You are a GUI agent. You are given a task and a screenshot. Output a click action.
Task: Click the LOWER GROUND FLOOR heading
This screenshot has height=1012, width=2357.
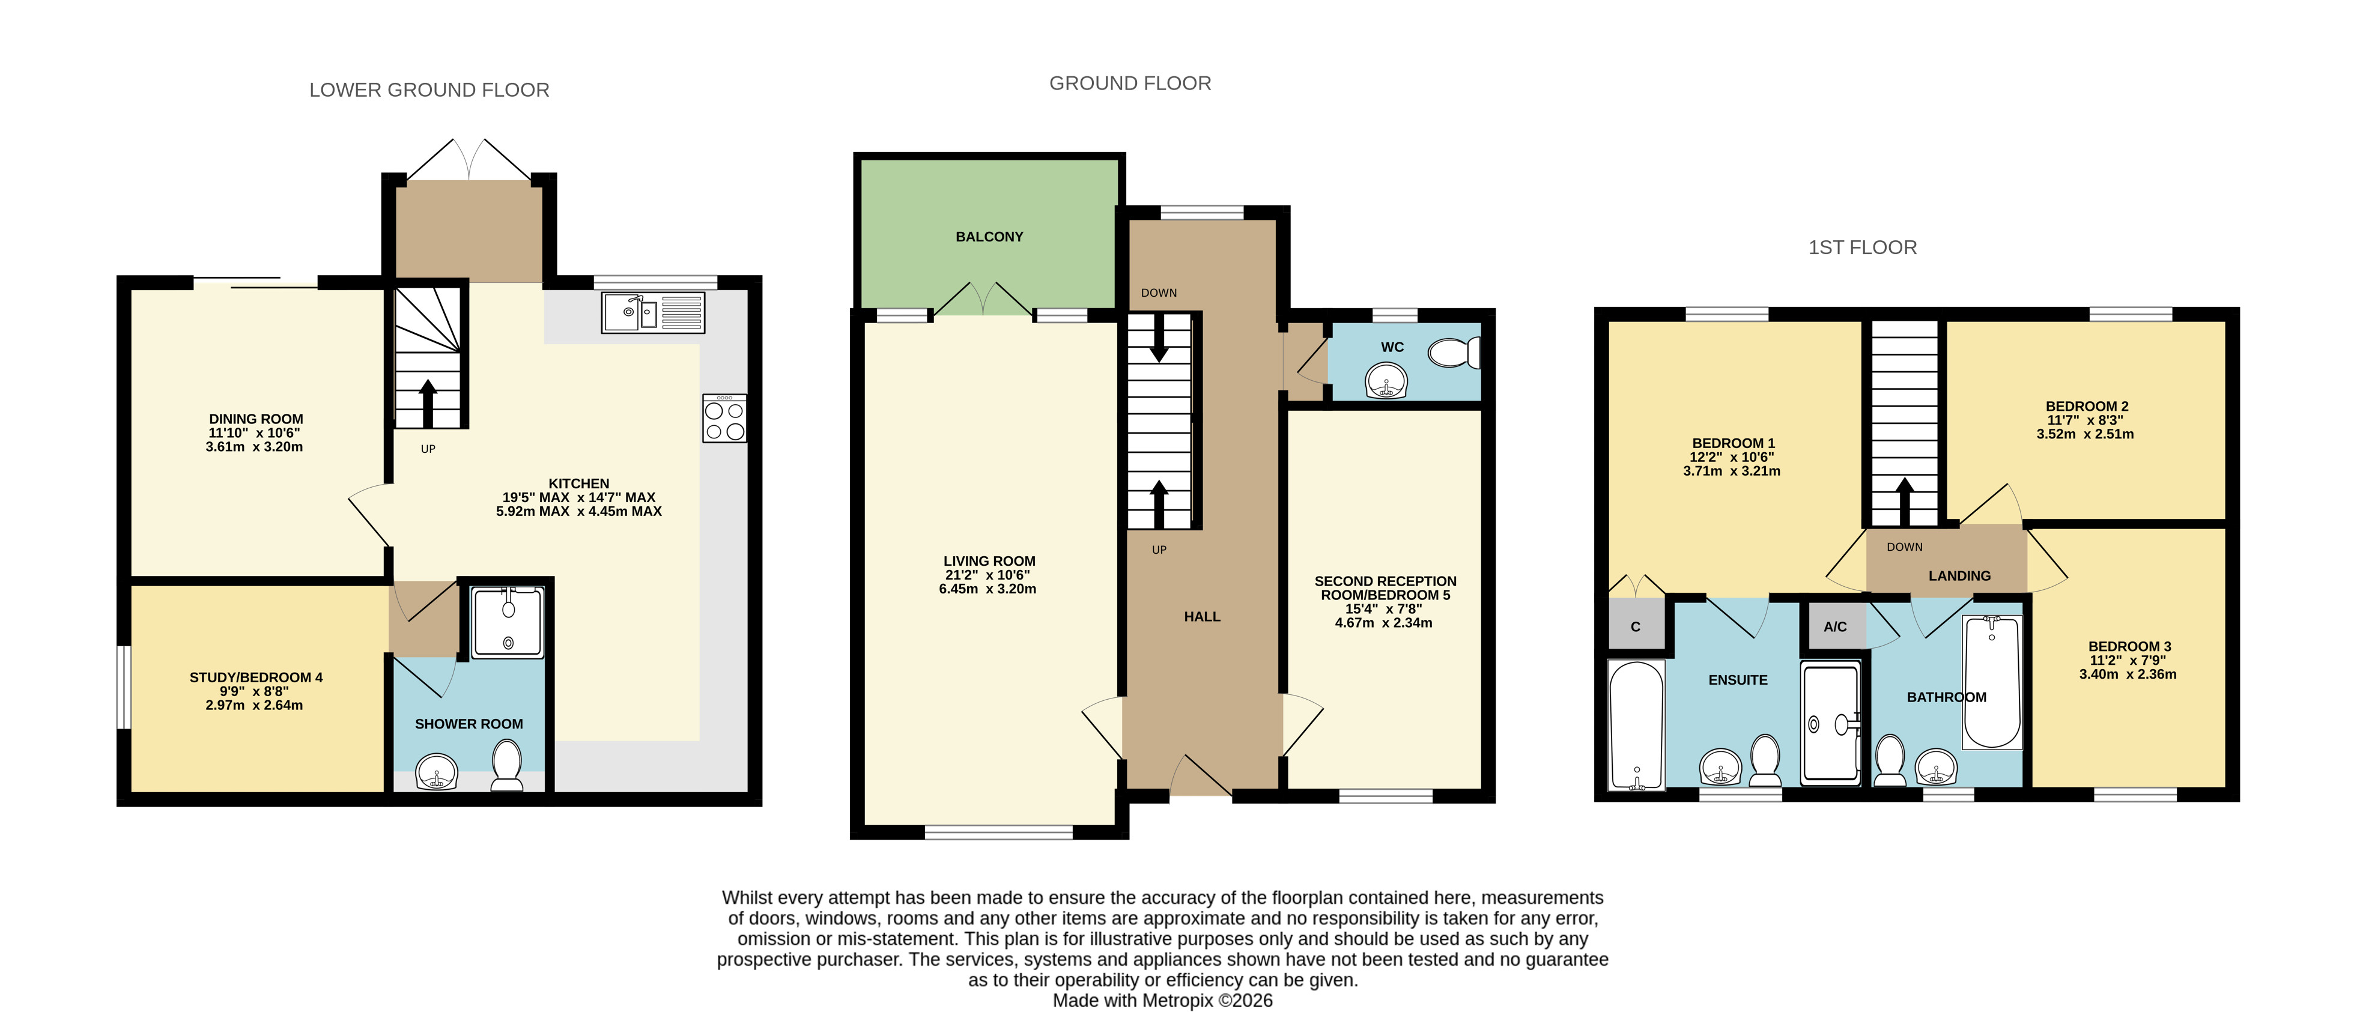coord(429,89)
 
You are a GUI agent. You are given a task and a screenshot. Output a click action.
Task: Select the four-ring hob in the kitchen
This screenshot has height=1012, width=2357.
coord(724,418)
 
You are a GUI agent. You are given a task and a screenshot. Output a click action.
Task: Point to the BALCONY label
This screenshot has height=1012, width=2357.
coord(989,237)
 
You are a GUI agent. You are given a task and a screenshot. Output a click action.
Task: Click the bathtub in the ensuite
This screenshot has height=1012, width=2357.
coord(1636,725)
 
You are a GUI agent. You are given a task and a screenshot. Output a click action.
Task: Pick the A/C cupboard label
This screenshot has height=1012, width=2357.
coord(1834,627)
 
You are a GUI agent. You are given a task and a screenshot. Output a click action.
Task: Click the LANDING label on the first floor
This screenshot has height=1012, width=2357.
coord(1959,575)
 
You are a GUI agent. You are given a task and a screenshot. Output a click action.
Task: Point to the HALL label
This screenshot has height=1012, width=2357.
coord(1203,617)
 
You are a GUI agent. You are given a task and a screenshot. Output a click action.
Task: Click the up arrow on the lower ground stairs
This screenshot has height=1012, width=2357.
coord(427,402)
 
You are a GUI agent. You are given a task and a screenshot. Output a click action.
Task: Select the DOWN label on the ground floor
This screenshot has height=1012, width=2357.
coord(1158,293)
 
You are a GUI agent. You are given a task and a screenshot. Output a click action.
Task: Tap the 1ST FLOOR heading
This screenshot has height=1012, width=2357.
coord(1862,247)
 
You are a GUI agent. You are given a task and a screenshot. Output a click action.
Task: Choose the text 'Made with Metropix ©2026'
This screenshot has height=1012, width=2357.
coord(1162,1000)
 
